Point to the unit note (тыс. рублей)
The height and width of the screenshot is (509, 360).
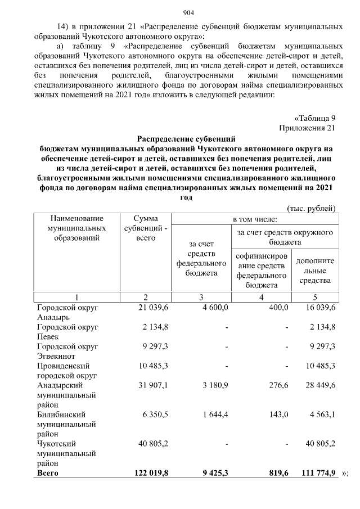point(312,208)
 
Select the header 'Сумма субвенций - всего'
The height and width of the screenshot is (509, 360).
point(146,228)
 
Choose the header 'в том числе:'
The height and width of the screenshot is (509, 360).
point(255,218)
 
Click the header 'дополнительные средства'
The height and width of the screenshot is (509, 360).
point(315,271)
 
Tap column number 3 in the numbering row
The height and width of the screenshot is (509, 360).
point(201,297)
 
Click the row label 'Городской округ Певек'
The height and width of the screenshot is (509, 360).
point(67,332)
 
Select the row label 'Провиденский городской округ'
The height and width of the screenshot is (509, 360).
point(67,371)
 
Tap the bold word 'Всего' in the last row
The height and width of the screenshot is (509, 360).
point(48,474)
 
